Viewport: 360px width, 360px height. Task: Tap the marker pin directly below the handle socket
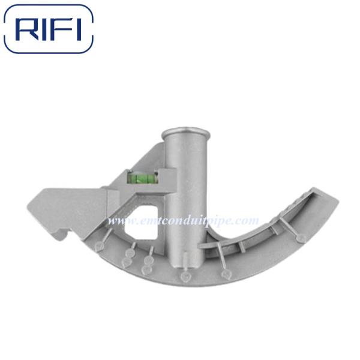[x=185, y=277]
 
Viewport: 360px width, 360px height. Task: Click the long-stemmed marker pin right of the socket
[x=226, y=274]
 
